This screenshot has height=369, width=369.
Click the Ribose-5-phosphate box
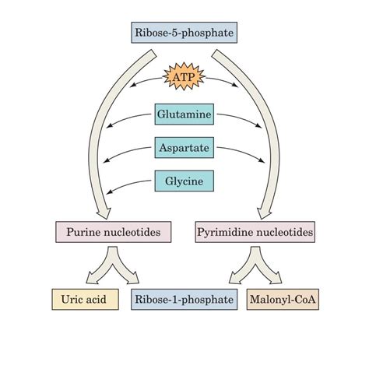(184, 33)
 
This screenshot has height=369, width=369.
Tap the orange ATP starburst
(184, 78)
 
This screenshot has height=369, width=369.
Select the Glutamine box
(184, 115)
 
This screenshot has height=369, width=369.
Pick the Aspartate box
(184, 148)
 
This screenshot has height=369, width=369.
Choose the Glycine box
(184, 181)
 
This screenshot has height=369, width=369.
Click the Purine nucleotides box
(113, 231)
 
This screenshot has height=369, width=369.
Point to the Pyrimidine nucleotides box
(256, 231)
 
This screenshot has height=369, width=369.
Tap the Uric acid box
(85, 299)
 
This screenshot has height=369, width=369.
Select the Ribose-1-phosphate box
(184, 299)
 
